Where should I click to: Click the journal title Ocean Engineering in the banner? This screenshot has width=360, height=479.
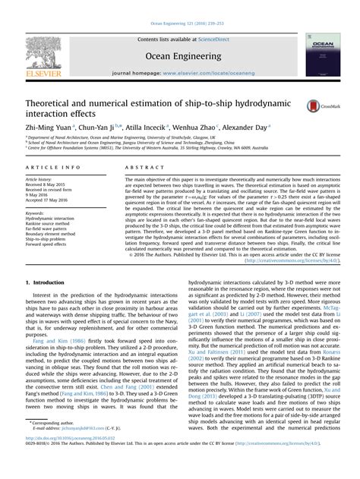(180, 55)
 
